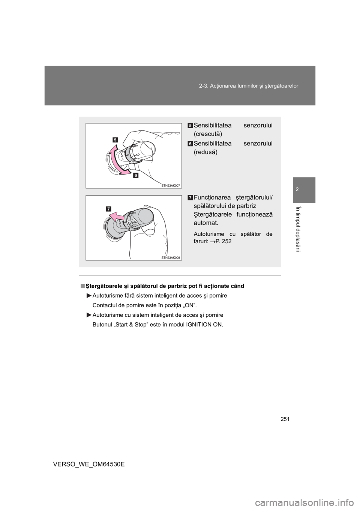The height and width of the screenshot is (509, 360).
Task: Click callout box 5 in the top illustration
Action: pyautogui.click(x=115, y=140)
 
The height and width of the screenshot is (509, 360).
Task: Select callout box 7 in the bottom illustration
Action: pyautogui.click(x=108, y=208)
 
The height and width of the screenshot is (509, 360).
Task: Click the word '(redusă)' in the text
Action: pyautogui.click(x=205, y=153)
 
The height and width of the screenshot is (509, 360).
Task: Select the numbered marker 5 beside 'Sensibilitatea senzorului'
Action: pyautogui.click(x=190, y=125)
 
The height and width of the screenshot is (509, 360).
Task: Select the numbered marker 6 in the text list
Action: pyautogui.click(x=190, y=144)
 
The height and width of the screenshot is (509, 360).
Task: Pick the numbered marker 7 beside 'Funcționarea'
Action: pyautogui.click(x=190, y=198)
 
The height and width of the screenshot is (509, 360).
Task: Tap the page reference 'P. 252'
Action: pyautogui.click(x=223, y=241)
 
